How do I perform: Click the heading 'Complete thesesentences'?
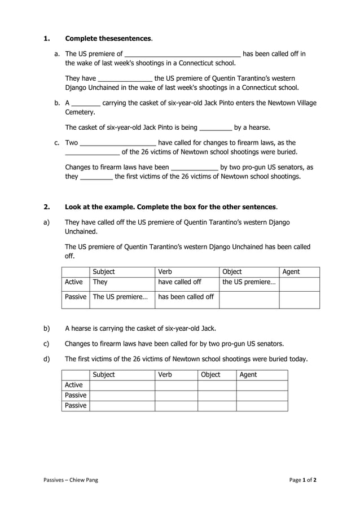(108, 38)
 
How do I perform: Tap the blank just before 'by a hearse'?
(216, 128)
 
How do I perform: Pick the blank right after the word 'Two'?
(118, 143)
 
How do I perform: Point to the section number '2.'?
(47, 207)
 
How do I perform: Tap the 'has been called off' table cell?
(186, 297)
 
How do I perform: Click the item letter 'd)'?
(47, 359)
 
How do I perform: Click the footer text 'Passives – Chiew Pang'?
(71, 480)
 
